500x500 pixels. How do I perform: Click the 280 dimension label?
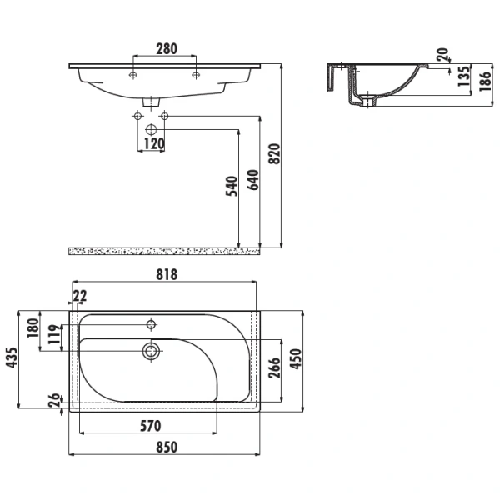pos(167,49)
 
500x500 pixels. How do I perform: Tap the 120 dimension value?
pos(154,144)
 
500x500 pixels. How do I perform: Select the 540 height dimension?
pos(232,186)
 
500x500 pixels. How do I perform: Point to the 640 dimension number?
pos(253,180)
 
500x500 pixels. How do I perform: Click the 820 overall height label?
pos(274,154)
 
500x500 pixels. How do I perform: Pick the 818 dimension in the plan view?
pos(167,274)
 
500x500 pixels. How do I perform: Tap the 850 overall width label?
pos(167,447)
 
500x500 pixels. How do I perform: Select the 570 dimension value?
pos(151,426)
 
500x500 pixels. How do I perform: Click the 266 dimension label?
pos(274,368)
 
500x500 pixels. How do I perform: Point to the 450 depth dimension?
pos(295,359)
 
